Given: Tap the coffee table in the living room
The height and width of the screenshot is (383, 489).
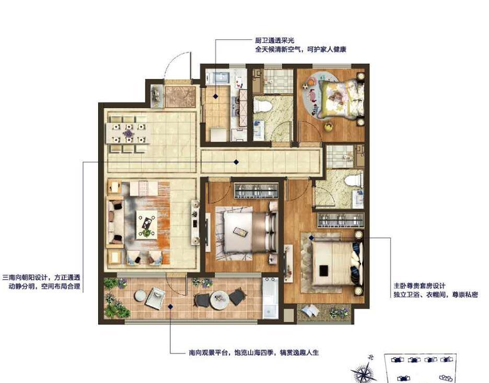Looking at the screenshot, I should coord(146,223).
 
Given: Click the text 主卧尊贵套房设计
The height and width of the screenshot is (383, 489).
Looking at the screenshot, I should coord(418,286).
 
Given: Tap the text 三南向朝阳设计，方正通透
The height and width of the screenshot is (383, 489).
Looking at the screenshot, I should coord(42,277).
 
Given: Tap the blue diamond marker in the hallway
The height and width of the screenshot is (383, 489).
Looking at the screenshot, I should coord(236,162).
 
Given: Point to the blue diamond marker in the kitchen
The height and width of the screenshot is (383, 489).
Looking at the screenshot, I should coord(215,95).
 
